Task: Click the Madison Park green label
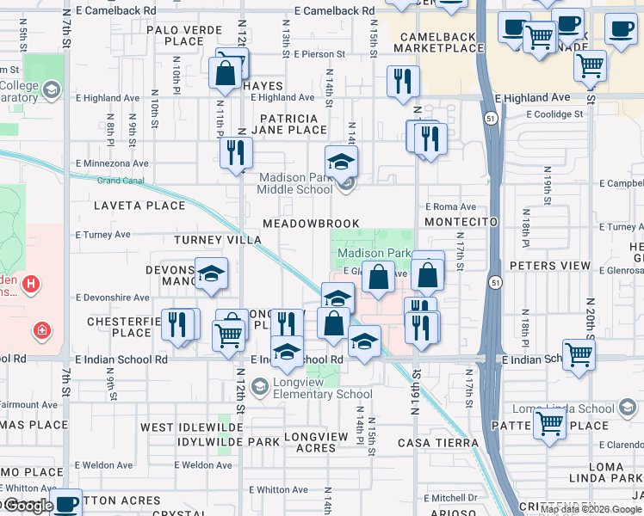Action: [x=374, y=254]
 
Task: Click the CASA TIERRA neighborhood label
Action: [x=437, y=442]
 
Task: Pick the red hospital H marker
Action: [x=31, y=283]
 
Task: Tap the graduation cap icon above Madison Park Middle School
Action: [x=341, y=161]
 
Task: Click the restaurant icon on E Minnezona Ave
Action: [x=235, y=153]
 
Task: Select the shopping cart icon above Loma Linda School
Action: [x=548, y=422]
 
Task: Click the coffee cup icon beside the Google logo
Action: [x=66, y=503]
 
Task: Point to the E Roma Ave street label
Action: [x=449, y=207]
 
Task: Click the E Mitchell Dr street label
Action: [x=454, y=498]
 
